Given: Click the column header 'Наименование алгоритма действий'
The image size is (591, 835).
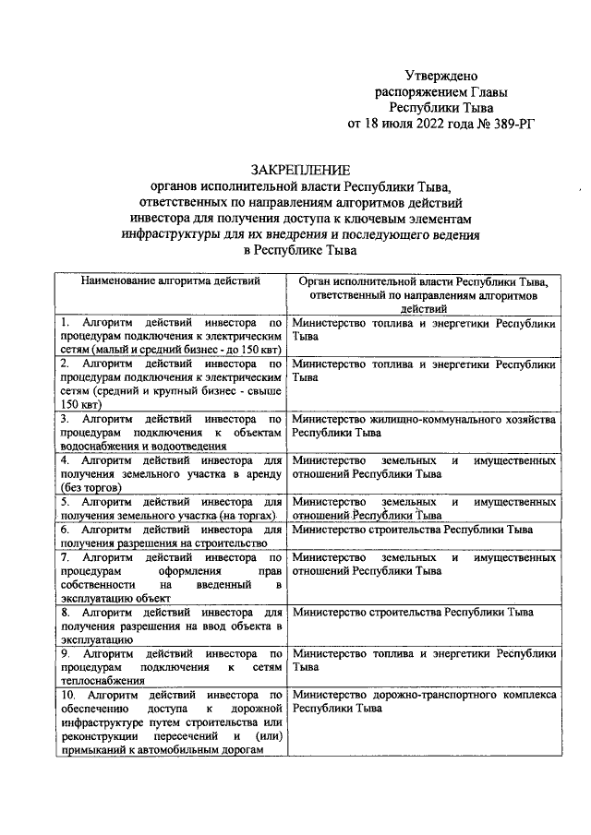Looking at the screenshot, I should (x=170, y=280).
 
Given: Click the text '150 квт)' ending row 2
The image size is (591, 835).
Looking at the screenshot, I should (x=80, y=403).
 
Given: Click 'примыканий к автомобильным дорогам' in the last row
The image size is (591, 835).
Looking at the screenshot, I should (x=162, y=749).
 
